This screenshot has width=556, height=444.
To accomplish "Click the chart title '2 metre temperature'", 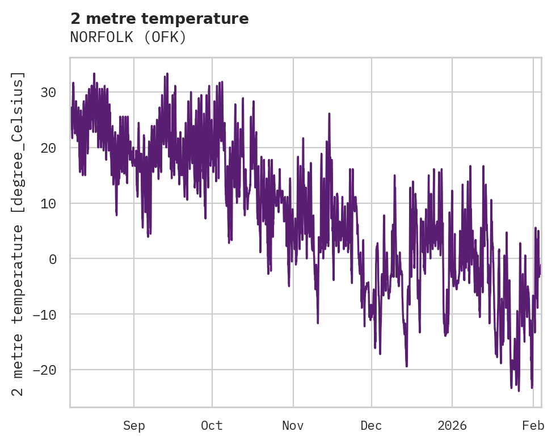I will [x=159, y=19].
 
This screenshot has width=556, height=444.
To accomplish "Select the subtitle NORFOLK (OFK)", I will [x=128, y=37].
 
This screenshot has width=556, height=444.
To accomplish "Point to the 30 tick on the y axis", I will [x=49, y=93].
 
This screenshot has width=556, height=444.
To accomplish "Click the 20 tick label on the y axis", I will [x=49, y=148].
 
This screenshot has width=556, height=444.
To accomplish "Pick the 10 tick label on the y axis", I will [x=49, y=203].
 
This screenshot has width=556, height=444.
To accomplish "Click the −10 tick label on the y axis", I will [x=45, y=315].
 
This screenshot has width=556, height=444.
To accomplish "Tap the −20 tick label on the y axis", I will [x=45, y=370].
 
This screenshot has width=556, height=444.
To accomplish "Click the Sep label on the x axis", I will [x=134, y=426].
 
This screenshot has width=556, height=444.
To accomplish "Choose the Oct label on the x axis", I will [x=212, y=426].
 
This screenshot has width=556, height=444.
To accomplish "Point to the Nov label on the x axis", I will [x=293, y=426].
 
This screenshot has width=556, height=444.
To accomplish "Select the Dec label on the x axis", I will [x=371, y=426].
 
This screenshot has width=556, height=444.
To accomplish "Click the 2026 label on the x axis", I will [x=452, y=426].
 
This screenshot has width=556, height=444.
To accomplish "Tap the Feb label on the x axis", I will [x=533, y=426].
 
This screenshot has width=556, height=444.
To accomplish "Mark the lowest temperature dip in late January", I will [x=519, y=390].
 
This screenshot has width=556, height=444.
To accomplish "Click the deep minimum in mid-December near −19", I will [x=407, y=366].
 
